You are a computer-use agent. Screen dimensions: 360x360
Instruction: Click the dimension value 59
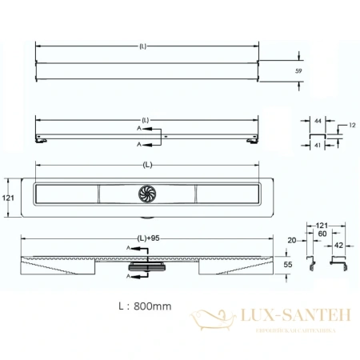[x=298, y=70]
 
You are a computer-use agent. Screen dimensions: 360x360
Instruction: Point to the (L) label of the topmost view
[x=142, y=46]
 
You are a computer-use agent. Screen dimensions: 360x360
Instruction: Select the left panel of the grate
[x=67, y=193]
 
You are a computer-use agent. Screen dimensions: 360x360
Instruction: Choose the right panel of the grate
[x=226, y=193]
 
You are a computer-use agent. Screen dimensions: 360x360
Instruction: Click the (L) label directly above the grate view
[x=147, y=166]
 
